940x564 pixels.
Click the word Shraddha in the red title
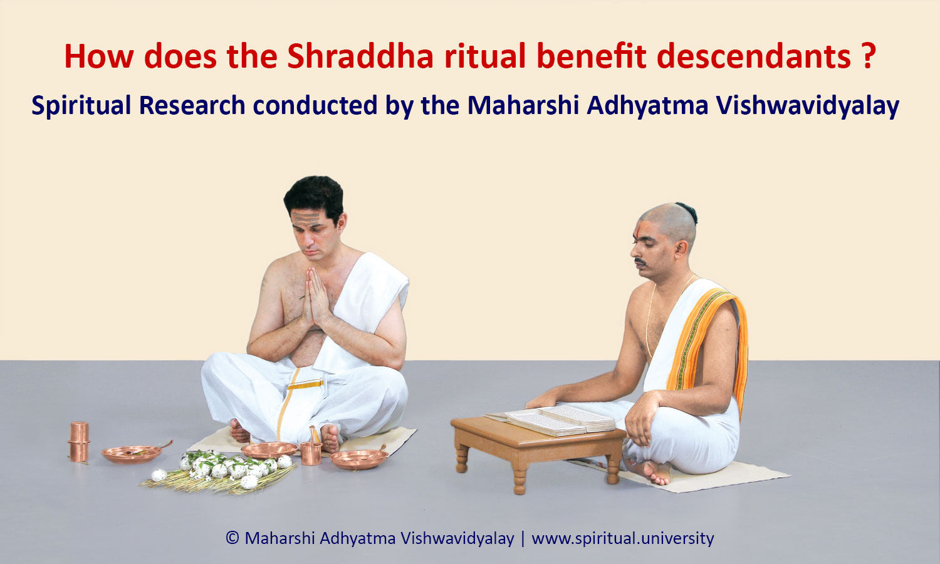point(360,56)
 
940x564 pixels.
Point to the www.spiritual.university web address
point(623,538)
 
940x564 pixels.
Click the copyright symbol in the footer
point(232,538)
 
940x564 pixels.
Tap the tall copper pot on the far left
point(79,441)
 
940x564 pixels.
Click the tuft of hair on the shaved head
point(688,212)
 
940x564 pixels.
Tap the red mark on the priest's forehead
point(638,229)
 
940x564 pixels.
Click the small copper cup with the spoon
point(311,451)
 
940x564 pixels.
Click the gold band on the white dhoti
point(306,384)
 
